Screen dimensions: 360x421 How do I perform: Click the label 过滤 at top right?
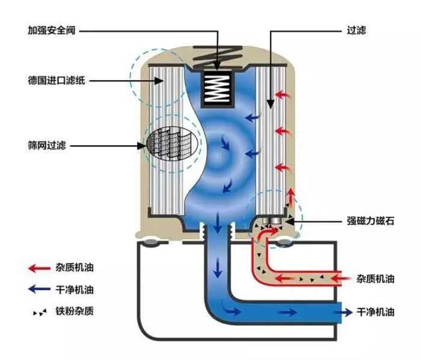[357, 29]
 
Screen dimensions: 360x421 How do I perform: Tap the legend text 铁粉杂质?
[77, 311]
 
